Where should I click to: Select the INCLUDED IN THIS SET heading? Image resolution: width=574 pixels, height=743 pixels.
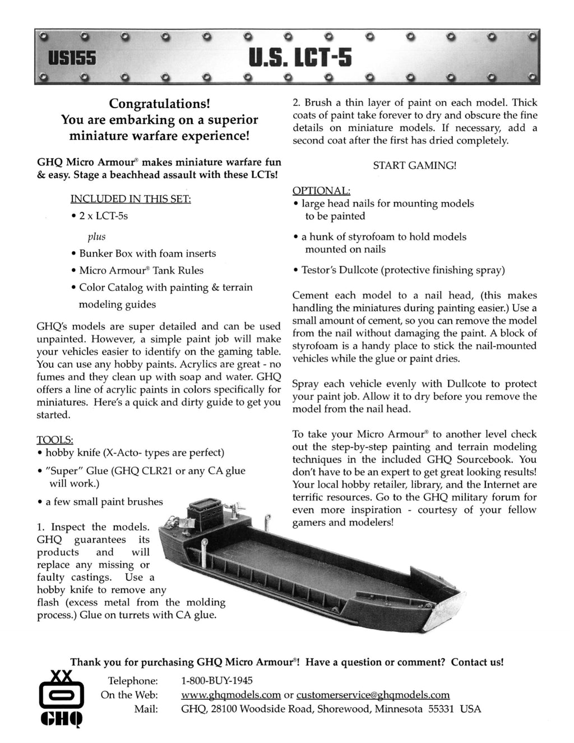coord(131,199)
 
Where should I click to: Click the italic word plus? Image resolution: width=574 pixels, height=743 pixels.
coord(96,236)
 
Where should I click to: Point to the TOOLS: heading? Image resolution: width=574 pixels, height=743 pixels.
coord(54,439)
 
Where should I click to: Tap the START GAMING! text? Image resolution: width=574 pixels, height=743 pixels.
coord(415,165)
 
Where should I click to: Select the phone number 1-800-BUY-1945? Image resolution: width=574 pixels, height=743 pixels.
coord(217,680)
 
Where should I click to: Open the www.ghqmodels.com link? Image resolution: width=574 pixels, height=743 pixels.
coord(231,695)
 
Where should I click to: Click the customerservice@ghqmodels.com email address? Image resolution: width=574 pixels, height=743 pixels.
coord(373,695)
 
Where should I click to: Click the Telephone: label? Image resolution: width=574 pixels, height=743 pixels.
coord(133,680)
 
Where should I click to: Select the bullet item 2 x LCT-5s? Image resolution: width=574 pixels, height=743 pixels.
coord(103,216)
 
